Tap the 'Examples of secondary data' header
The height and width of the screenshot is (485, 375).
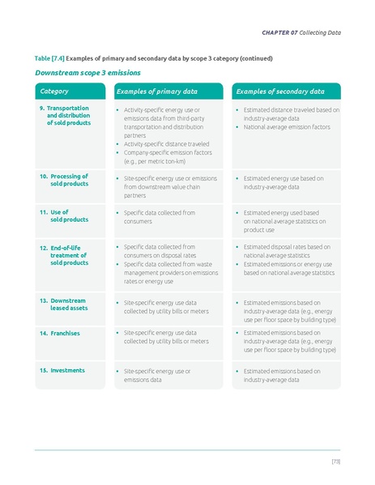(279, 91)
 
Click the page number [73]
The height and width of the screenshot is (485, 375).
(335, 461)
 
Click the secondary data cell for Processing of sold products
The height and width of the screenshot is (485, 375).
(283, 182)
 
